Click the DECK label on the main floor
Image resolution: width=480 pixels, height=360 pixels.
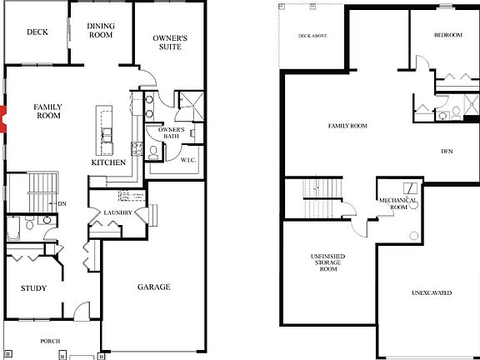click(36, 32)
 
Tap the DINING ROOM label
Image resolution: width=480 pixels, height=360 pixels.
click(101, 31)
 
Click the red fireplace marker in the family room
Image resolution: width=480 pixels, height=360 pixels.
click(3, 119)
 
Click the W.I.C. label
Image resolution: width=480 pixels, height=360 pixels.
click(187, 158)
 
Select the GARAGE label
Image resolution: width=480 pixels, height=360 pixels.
click(153, 287)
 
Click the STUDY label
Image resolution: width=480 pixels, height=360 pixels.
click(33, 288)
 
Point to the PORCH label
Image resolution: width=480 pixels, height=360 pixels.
click(51, 341)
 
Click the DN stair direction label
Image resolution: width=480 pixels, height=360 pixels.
click(62, 203)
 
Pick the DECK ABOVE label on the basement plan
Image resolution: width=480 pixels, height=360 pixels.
click(314, 36)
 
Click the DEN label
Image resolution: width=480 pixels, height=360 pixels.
click(447, 151)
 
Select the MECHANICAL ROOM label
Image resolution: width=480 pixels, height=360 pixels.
click(397, 204)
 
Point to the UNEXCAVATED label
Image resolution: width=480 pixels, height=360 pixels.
click(433, 293)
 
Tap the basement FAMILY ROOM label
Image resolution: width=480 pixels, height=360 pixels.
click(347, 126)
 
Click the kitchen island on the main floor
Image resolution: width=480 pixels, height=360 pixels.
click(106, 132)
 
